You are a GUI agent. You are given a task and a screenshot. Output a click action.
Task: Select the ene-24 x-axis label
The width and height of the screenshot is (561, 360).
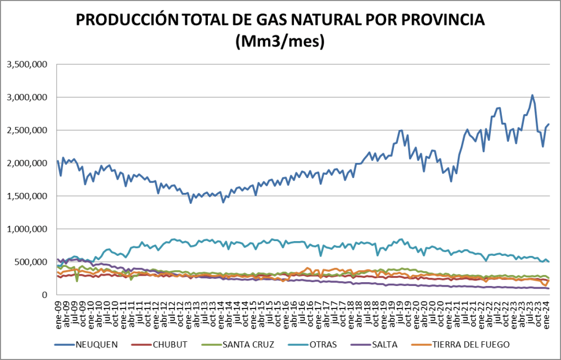click(546, 312)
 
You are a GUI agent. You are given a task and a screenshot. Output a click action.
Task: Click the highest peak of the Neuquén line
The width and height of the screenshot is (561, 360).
click(532, 95)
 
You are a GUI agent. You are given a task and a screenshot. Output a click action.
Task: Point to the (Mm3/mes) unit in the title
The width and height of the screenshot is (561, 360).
click(280, 41)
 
